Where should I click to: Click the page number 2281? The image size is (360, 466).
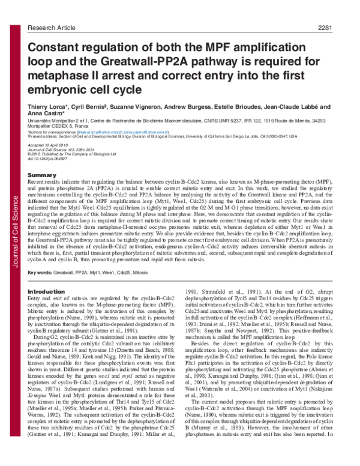coord(342,10)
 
